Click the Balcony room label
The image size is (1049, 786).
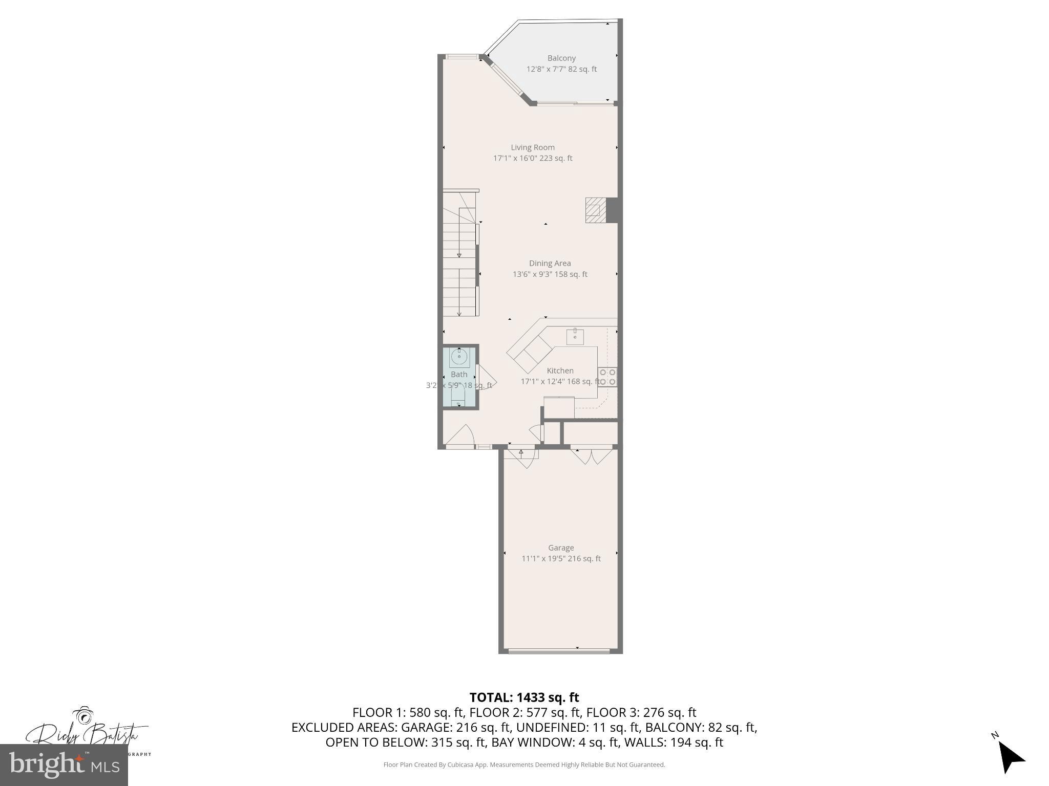[x=561, y=58]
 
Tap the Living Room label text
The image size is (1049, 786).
[x=533, y=147]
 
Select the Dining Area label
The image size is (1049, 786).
[x=550, y=264]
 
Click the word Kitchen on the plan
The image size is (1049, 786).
[x=560, y=370]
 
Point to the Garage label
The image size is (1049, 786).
[x=561, y=548]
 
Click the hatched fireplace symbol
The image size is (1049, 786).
[x=595, y=210]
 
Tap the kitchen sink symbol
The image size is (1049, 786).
[x=575, y=337]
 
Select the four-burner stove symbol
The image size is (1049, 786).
[x=607, y=377]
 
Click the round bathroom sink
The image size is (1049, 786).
[x=459, y=357]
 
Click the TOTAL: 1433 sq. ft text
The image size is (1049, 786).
[x=524, y=697]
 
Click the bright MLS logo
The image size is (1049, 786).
[x=64, y=765]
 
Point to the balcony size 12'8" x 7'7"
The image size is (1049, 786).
[x=546, y=69]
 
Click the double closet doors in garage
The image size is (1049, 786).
[x=592, y=456]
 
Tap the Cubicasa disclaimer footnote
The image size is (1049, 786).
[x=524, y=765]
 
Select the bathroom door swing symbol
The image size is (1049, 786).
[x=484, y=378]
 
